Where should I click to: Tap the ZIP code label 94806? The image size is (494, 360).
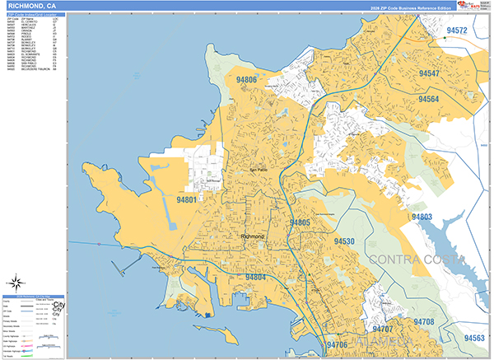tap(245, 80)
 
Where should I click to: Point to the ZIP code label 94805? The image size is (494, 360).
tap(300, 222)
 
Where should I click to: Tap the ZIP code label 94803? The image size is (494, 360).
tap(422, 217)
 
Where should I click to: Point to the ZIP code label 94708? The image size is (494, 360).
tap(424, 321)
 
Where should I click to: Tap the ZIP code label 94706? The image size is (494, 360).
tap(336, 345)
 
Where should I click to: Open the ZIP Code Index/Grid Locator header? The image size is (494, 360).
tap(32, 15)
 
